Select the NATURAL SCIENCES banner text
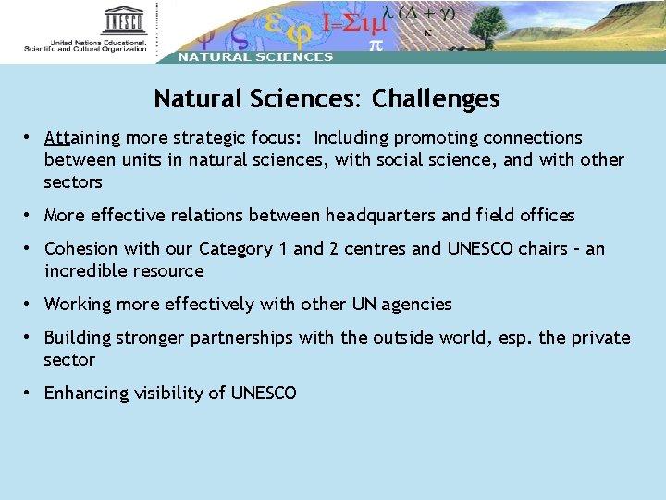(x=255, y=56)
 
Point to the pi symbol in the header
(x=376, y=44)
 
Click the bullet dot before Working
(x=30, y=304)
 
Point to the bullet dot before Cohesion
(x=30, y=248)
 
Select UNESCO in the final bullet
(x=264, y=394)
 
